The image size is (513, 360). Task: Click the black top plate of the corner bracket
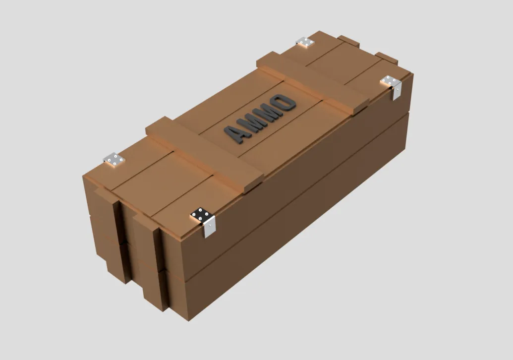click(201, 215)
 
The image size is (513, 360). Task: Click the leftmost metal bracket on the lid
click(114, 160)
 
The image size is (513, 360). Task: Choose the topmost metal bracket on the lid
click(305, 43)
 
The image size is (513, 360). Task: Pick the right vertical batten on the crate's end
click(149, 263)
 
